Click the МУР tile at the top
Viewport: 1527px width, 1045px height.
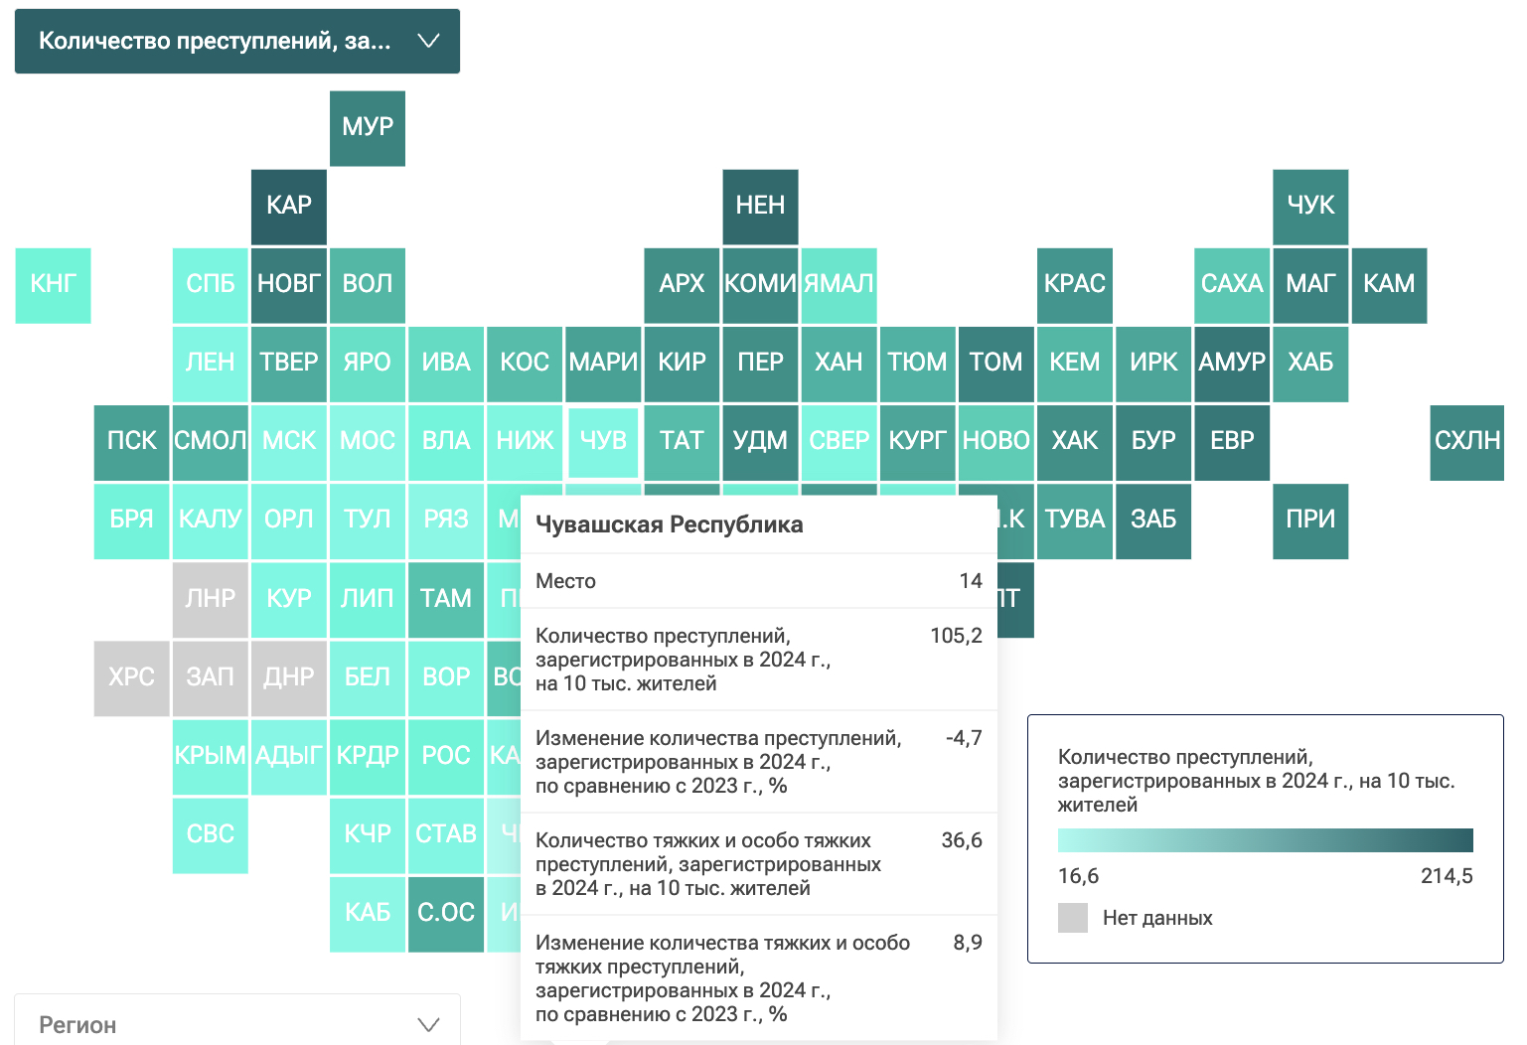368,128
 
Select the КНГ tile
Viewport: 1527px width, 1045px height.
53,285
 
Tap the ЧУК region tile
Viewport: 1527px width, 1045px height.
1310,207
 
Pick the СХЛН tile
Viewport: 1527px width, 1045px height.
1467,442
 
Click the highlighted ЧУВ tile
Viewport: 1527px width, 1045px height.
603,442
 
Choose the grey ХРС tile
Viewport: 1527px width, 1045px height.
131,678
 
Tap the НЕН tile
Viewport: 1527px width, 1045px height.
760,207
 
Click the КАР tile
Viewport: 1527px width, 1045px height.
289,207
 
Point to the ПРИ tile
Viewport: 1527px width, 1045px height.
1310,521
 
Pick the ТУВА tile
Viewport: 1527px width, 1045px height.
1075,521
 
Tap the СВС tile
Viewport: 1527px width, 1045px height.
210,835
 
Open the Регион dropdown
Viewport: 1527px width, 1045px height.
237,1024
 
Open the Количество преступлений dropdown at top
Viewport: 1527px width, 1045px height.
237,41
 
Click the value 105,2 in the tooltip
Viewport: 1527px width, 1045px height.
956,636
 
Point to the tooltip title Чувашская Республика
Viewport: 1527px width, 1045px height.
669,524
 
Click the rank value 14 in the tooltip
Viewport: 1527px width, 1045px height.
971,581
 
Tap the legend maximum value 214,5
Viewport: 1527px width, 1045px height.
1447,876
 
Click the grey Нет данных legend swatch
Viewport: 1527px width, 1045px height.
1073,918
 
